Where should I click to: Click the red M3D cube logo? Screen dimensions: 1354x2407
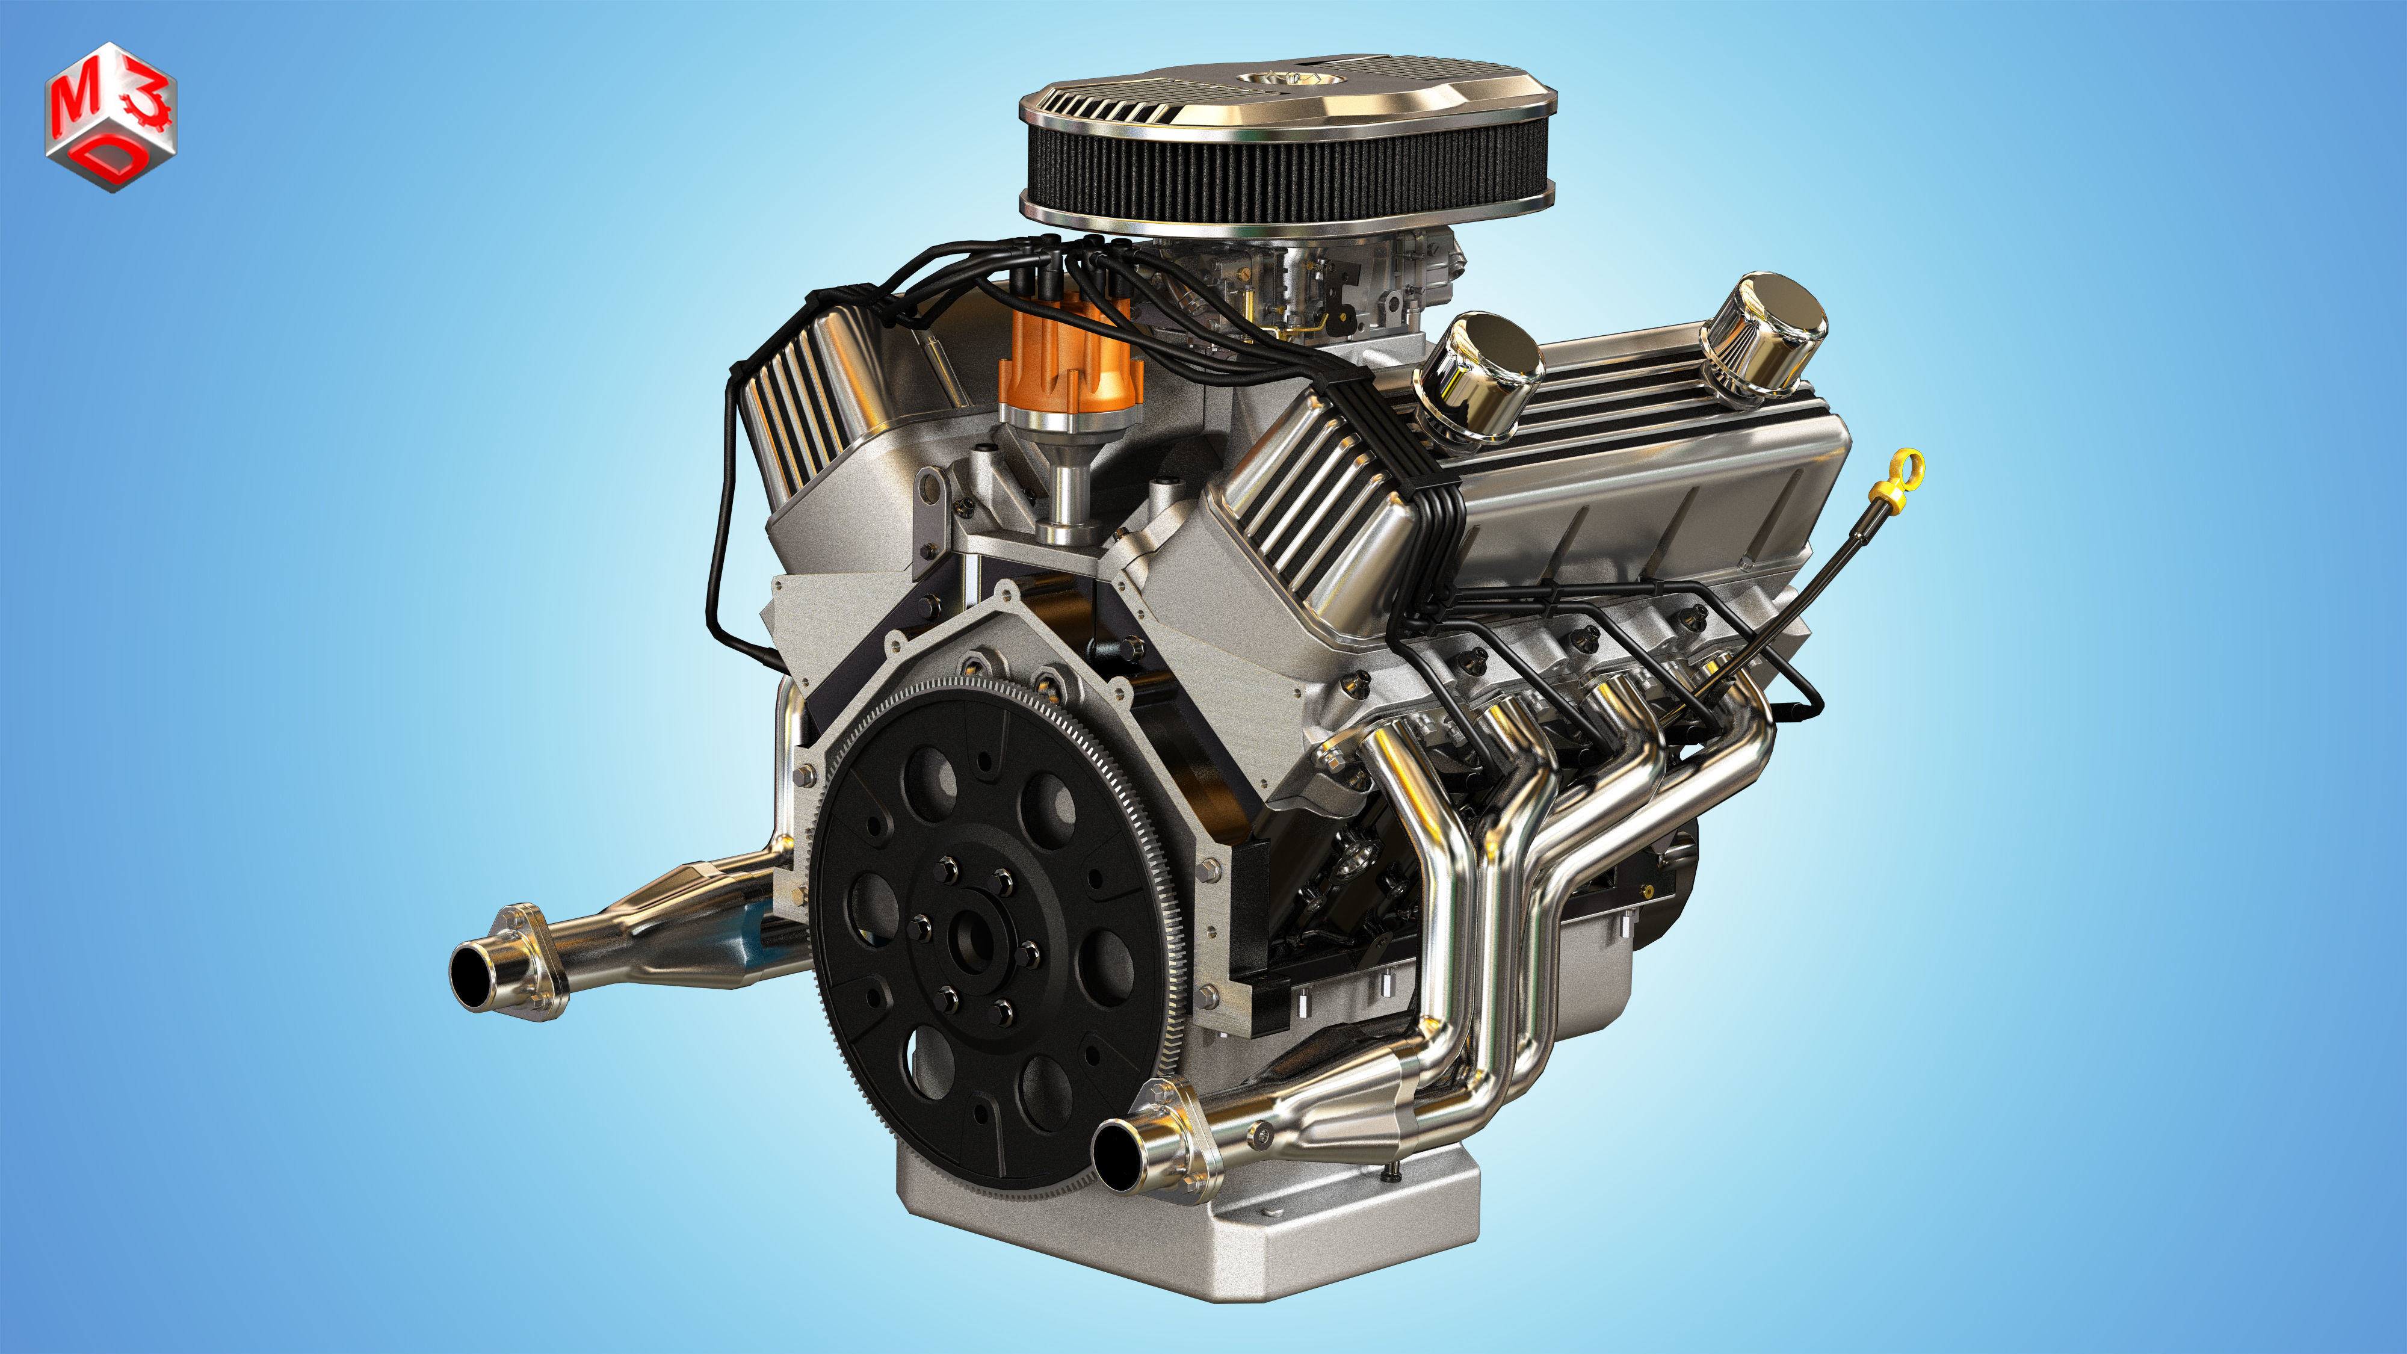(x=110, y=117)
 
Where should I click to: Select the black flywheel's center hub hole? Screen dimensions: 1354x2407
(x=972, y=937)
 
